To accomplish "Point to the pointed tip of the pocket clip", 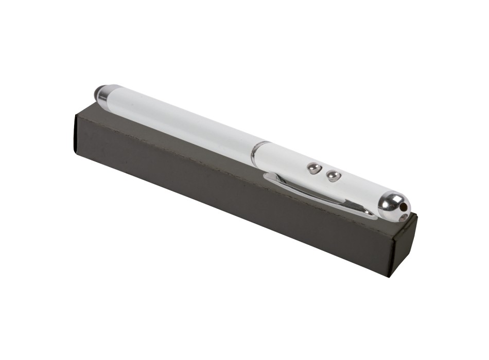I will click(372, 212).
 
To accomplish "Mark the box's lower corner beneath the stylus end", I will click(75, 152).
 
